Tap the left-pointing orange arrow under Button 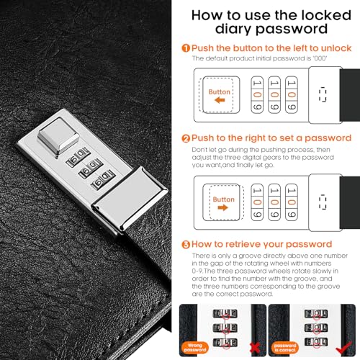point(220,102)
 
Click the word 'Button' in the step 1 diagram point(220,92)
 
